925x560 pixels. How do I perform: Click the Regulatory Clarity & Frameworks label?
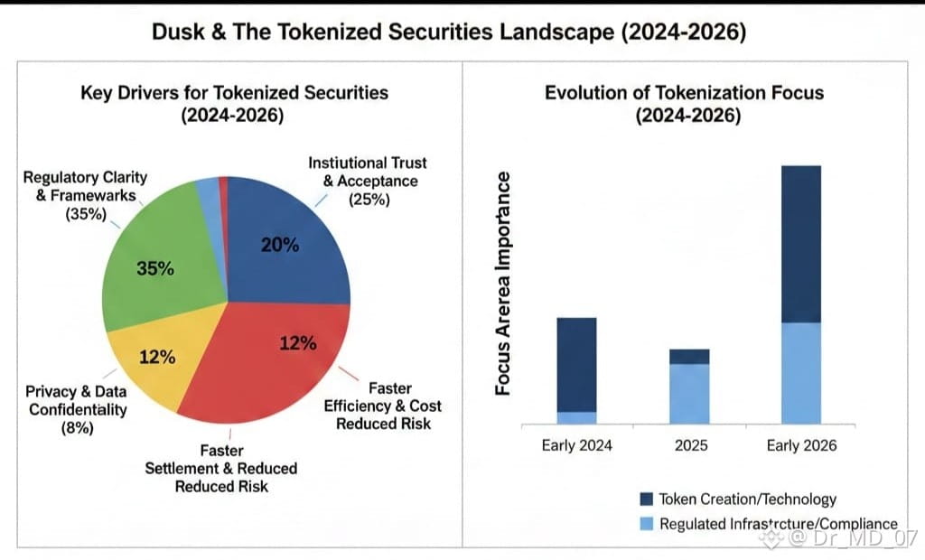click(x=85, y=195)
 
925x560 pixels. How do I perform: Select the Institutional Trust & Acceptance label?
click(x=368, y=181)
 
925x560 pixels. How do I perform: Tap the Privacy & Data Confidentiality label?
click(x=76, y=409)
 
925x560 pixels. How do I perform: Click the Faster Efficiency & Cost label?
click(x=383, y=406)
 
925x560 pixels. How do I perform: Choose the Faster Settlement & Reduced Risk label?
click(x=221, y=467)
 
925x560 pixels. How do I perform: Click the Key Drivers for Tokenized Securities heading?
click(x=234, y=103)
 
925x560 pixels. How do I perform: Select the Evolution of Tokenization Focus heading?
click(x=685, y=103)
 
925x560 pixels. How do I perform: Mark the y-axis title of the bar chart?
click(x=503, y=282)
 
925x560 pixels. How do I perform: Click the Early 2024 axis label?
click(x=576, y=444)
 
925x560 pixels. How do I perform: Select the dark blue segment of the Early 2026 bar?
click(x=801, y=244)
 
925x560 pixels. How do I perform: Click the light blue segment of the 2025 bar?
click(x=689, y=394)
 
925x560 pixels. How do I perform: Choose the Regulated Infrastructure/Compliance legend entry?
click(x=768, y=524)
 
